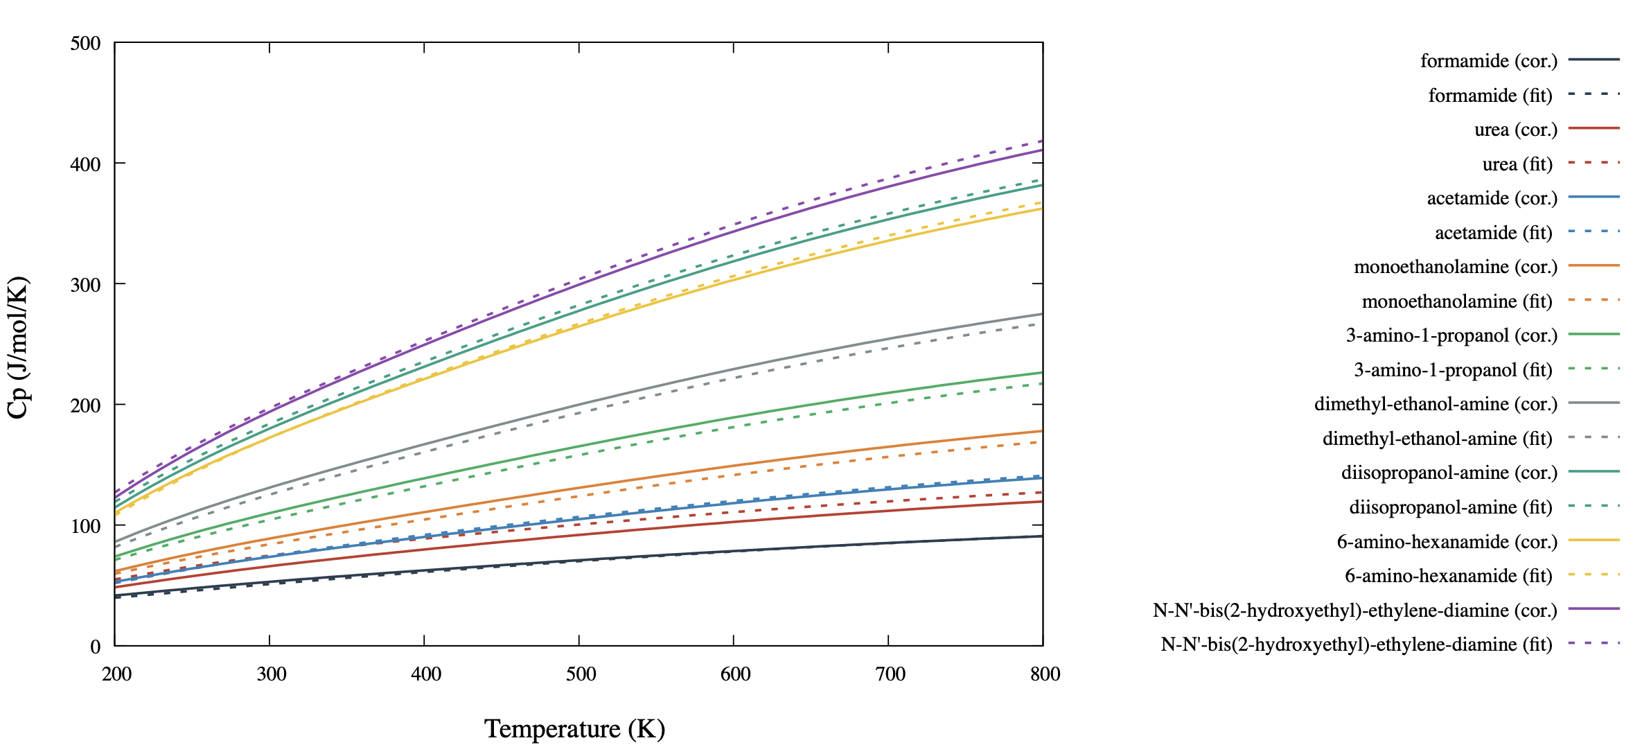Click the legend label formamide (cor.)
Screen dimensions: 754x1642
point(1488,61)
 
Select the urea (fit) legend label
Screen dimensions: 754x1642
point(1517,164)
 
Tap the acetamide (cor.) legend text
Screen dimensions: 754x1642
point(1492,198)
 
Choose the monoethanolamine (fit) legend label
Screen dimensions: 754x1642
point(1457,301)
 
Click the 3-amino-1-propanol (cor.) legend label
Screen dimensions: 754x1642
point(1451,335)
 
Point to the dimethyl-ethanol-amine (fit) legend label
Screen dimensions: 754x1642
point(1437,439)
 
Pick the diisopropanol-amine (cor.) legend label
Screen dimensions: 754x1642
point(1449,473)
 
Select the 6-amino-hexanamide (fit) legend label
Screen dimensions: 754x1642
point(1448,576)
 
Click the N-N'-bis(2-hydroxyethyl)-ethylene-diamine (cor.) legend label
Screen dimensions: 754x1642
point(1354,611)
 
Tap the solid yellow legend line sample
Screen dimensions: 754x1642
point(1594,540)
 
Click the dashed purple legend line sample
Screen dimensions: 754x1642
point(1594,643)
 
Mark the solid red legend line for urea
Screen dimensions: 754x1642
point(1594,128)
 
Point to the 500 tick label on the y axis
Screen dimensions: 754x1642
point(86,44)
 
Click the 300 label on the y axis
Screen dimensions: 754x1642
point(86,285)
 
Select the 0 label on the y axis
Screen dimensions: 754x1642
point(96,647)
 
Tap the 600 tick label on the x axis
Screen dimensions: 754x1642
point(735,674)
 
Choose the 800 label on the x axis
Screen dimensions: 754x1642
point(1045,674)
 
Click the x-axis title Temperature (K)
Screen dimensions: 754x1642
point(574,729)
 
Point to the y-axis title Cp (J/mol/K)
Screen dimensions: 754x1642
point(18,347)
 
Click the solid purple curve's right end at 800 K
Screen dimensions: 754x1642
point(1041,150)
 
